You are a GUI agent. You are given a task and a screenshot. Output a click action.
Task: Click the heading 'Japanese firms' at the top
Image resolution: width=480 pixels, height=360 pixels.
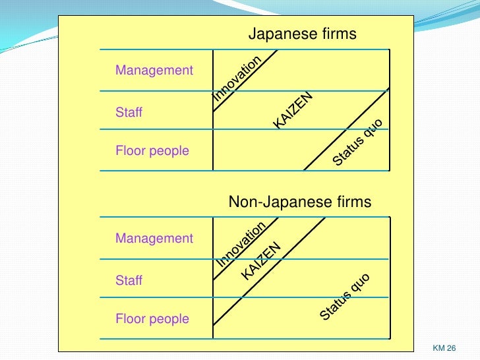coord(302,34)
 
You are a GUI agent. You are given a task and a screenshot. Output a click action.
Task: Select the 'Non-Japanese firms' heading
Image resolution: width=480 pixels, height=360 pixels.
coord(299,202)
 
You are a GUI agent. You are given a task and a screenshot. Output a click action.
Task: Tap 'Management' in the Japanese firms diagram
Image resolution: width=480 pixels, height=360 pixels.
coord(154,70)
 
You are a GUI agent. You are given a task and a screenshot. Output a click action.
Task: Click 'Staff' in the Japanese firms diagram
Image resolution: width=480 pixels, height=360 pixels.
coord(129,113)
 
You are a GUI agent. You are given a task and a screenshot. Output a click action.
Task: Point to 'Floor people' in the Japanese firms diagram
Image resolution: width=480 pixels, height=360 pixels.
coord(152,151)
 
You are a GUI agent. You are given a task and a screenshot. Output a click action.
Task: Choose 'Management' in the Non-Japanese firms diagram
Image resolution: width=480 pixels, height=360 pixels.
coord(154,238)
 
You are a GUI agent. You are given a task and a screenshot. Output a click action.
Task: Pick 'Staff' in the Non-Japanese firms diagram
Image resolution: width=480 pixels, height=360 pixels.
coord(129,281)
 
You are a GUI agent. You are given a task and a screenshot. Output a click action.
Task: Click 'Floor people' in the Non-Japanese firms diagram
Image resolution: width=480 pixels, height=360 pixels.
coord(152,319)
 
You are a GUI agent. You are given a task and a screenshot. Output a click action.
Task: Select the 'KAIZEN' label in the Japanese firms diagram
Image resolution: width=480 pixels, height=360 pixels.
coord(292,110)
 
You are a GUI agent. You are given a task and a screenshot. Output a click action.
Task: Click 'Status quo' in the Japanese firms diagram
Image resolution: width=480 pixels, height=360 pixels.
coord(357,142)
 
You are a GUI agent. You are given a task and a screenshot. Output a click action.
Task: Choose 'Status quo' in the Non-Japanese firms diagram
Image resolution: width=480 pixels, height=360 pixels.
coord(344,297)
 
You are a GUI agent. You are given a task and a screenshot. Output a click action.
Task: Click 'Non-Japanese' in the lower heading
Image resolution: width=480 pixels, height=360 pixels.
coord(279,202)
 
